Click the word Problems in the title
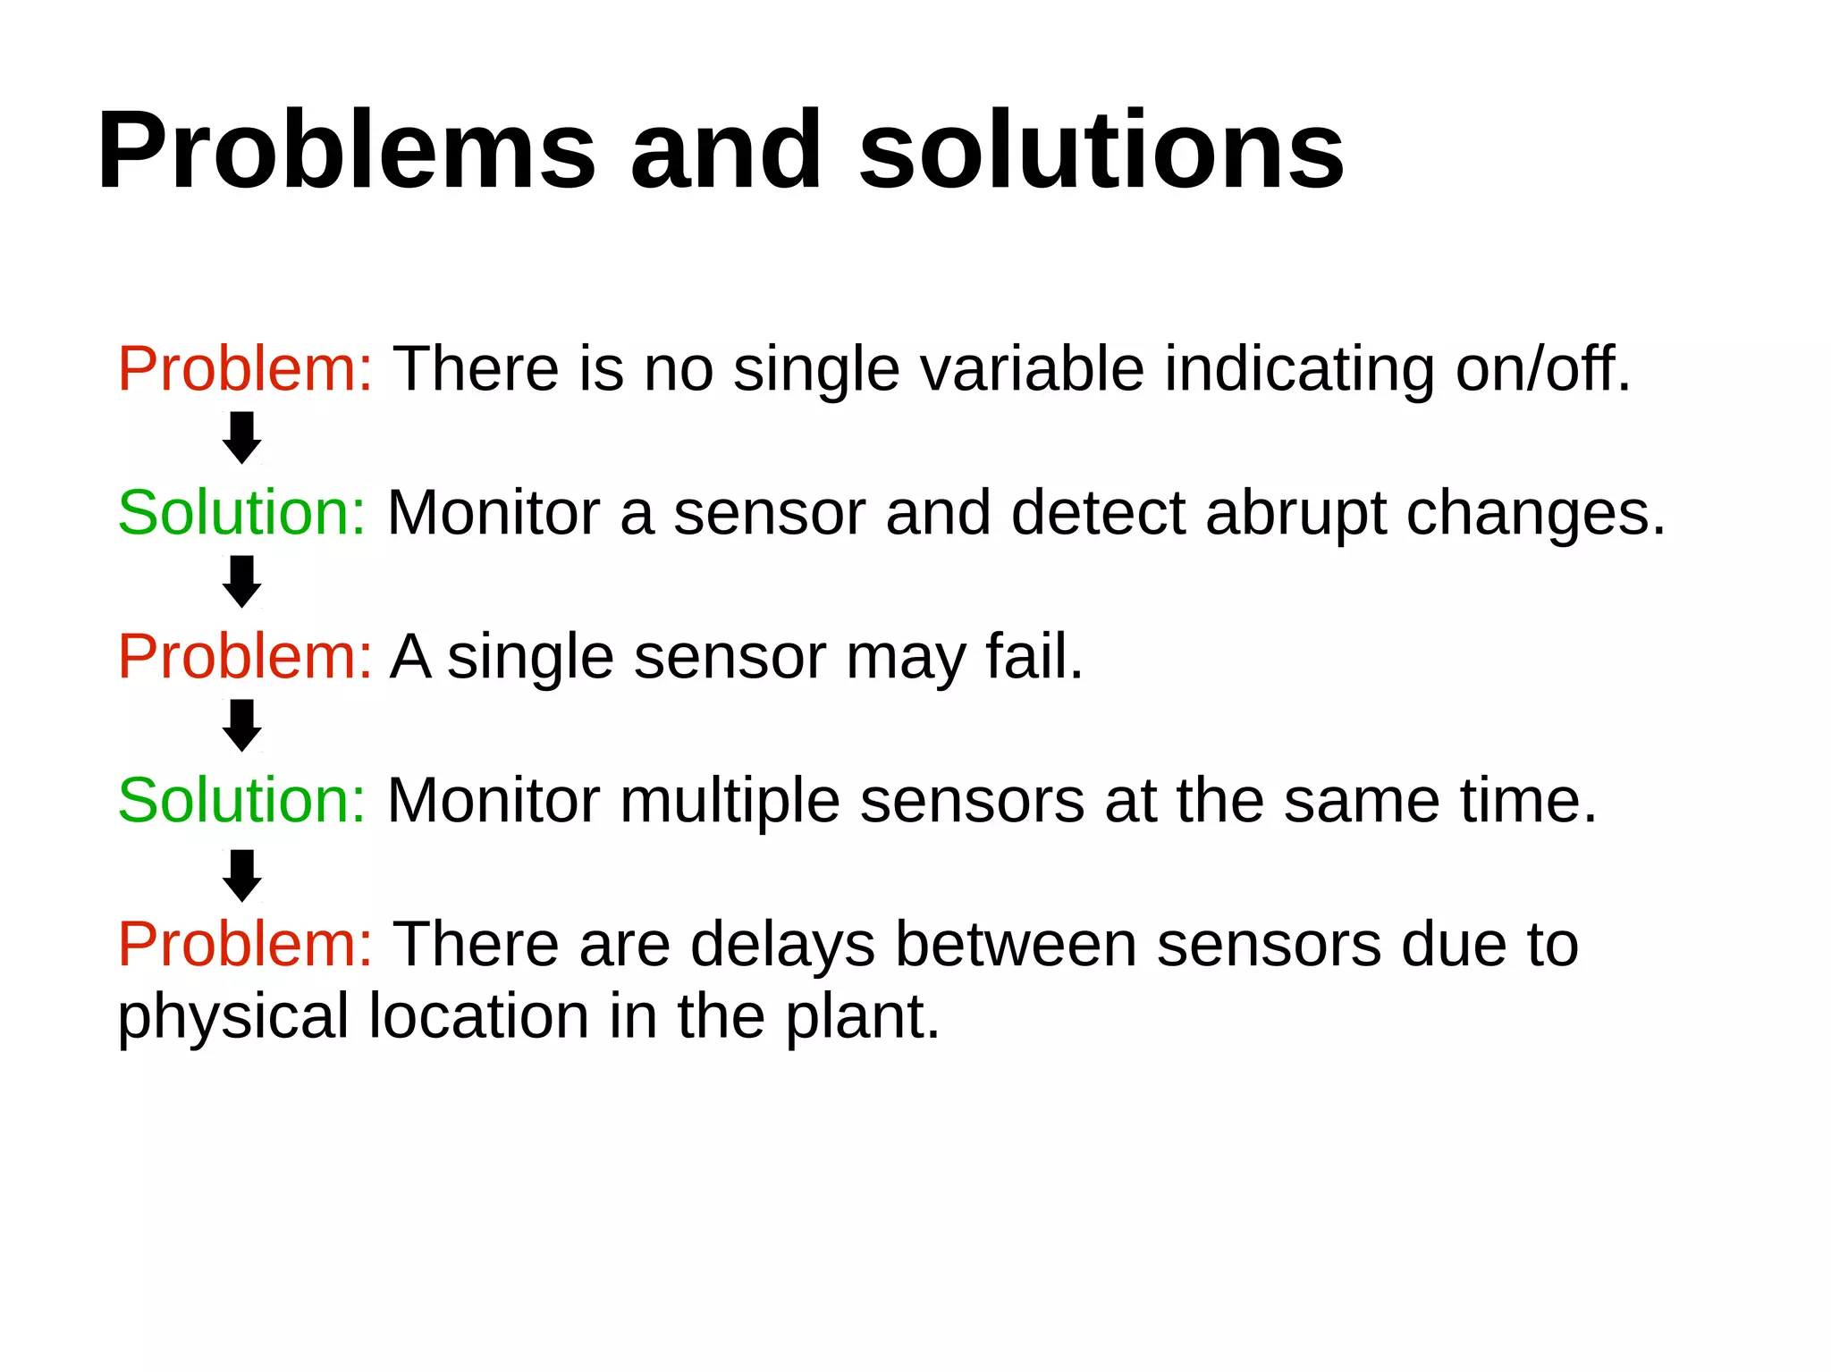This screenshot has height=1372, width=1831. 345,152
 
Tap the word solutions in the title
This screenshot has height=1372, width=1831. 1101,152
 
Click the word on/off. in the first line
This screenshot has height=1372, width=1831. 1543,369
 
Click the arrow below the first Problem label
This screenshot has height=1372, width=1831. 241,437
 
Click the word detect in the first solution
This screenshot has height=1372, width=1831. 1098,513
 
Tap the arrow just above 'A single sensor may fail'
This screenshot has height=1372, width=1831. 241,581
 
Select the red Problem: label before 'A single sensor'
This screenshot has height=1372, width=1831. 245,657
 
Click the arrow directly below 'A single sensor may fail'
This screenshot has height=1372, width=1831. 241,725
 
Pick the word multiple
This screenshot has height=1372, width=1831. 730,801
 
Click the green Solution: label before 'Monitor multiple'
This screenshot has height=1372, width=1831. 242,800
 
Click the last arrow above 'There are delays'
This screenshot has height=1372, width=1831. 241,875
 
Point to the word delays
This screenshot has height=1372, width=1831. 782,945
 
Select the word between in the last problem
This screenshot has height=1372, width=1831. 1016,945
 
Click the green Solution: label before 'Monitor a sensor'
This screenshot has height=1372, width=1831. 242,513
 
